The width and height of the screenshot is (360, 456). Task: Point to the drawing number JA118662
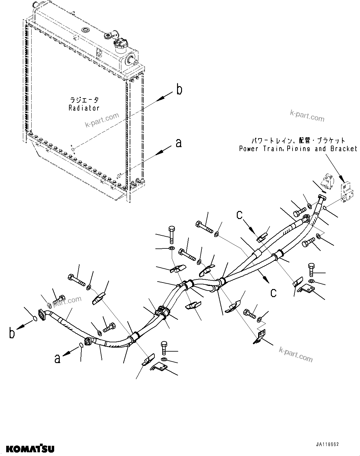pyautogui.click(x=327, y=444)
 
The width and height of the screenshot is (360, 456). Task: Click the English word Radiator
pyautogui.click(x=84, y=108)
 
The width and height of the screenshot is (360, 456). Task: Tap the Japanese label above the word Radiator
pyautogui.click(x=84, y=100)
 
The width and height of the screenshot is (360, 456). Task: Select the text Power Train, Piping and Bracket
pyautogui.click(x=298, y=149)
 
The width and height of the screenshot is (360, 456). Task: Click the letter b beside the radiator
pyautogui.click(x=179, y=90)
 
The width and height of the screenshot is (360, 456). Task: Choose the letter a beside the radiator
pyautogui.click(x=179, y=143)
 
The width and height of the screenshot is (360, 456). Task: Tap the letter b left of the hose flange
pyautogui.click(x=12, y=333)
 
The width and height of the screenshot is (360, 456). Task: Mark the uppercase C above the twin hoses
pyautogui.click(x=239, y=215)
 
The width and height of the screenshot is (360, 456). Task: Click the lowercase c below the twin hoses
pyautogui.click(x=273, y=293)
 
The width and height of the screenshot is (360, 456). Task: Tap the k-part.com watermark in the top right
pyautogui.click(x=307, y=116)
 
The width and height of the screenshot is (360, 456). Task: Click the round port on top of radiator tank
pyautogui.click(x=85, y=30)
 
